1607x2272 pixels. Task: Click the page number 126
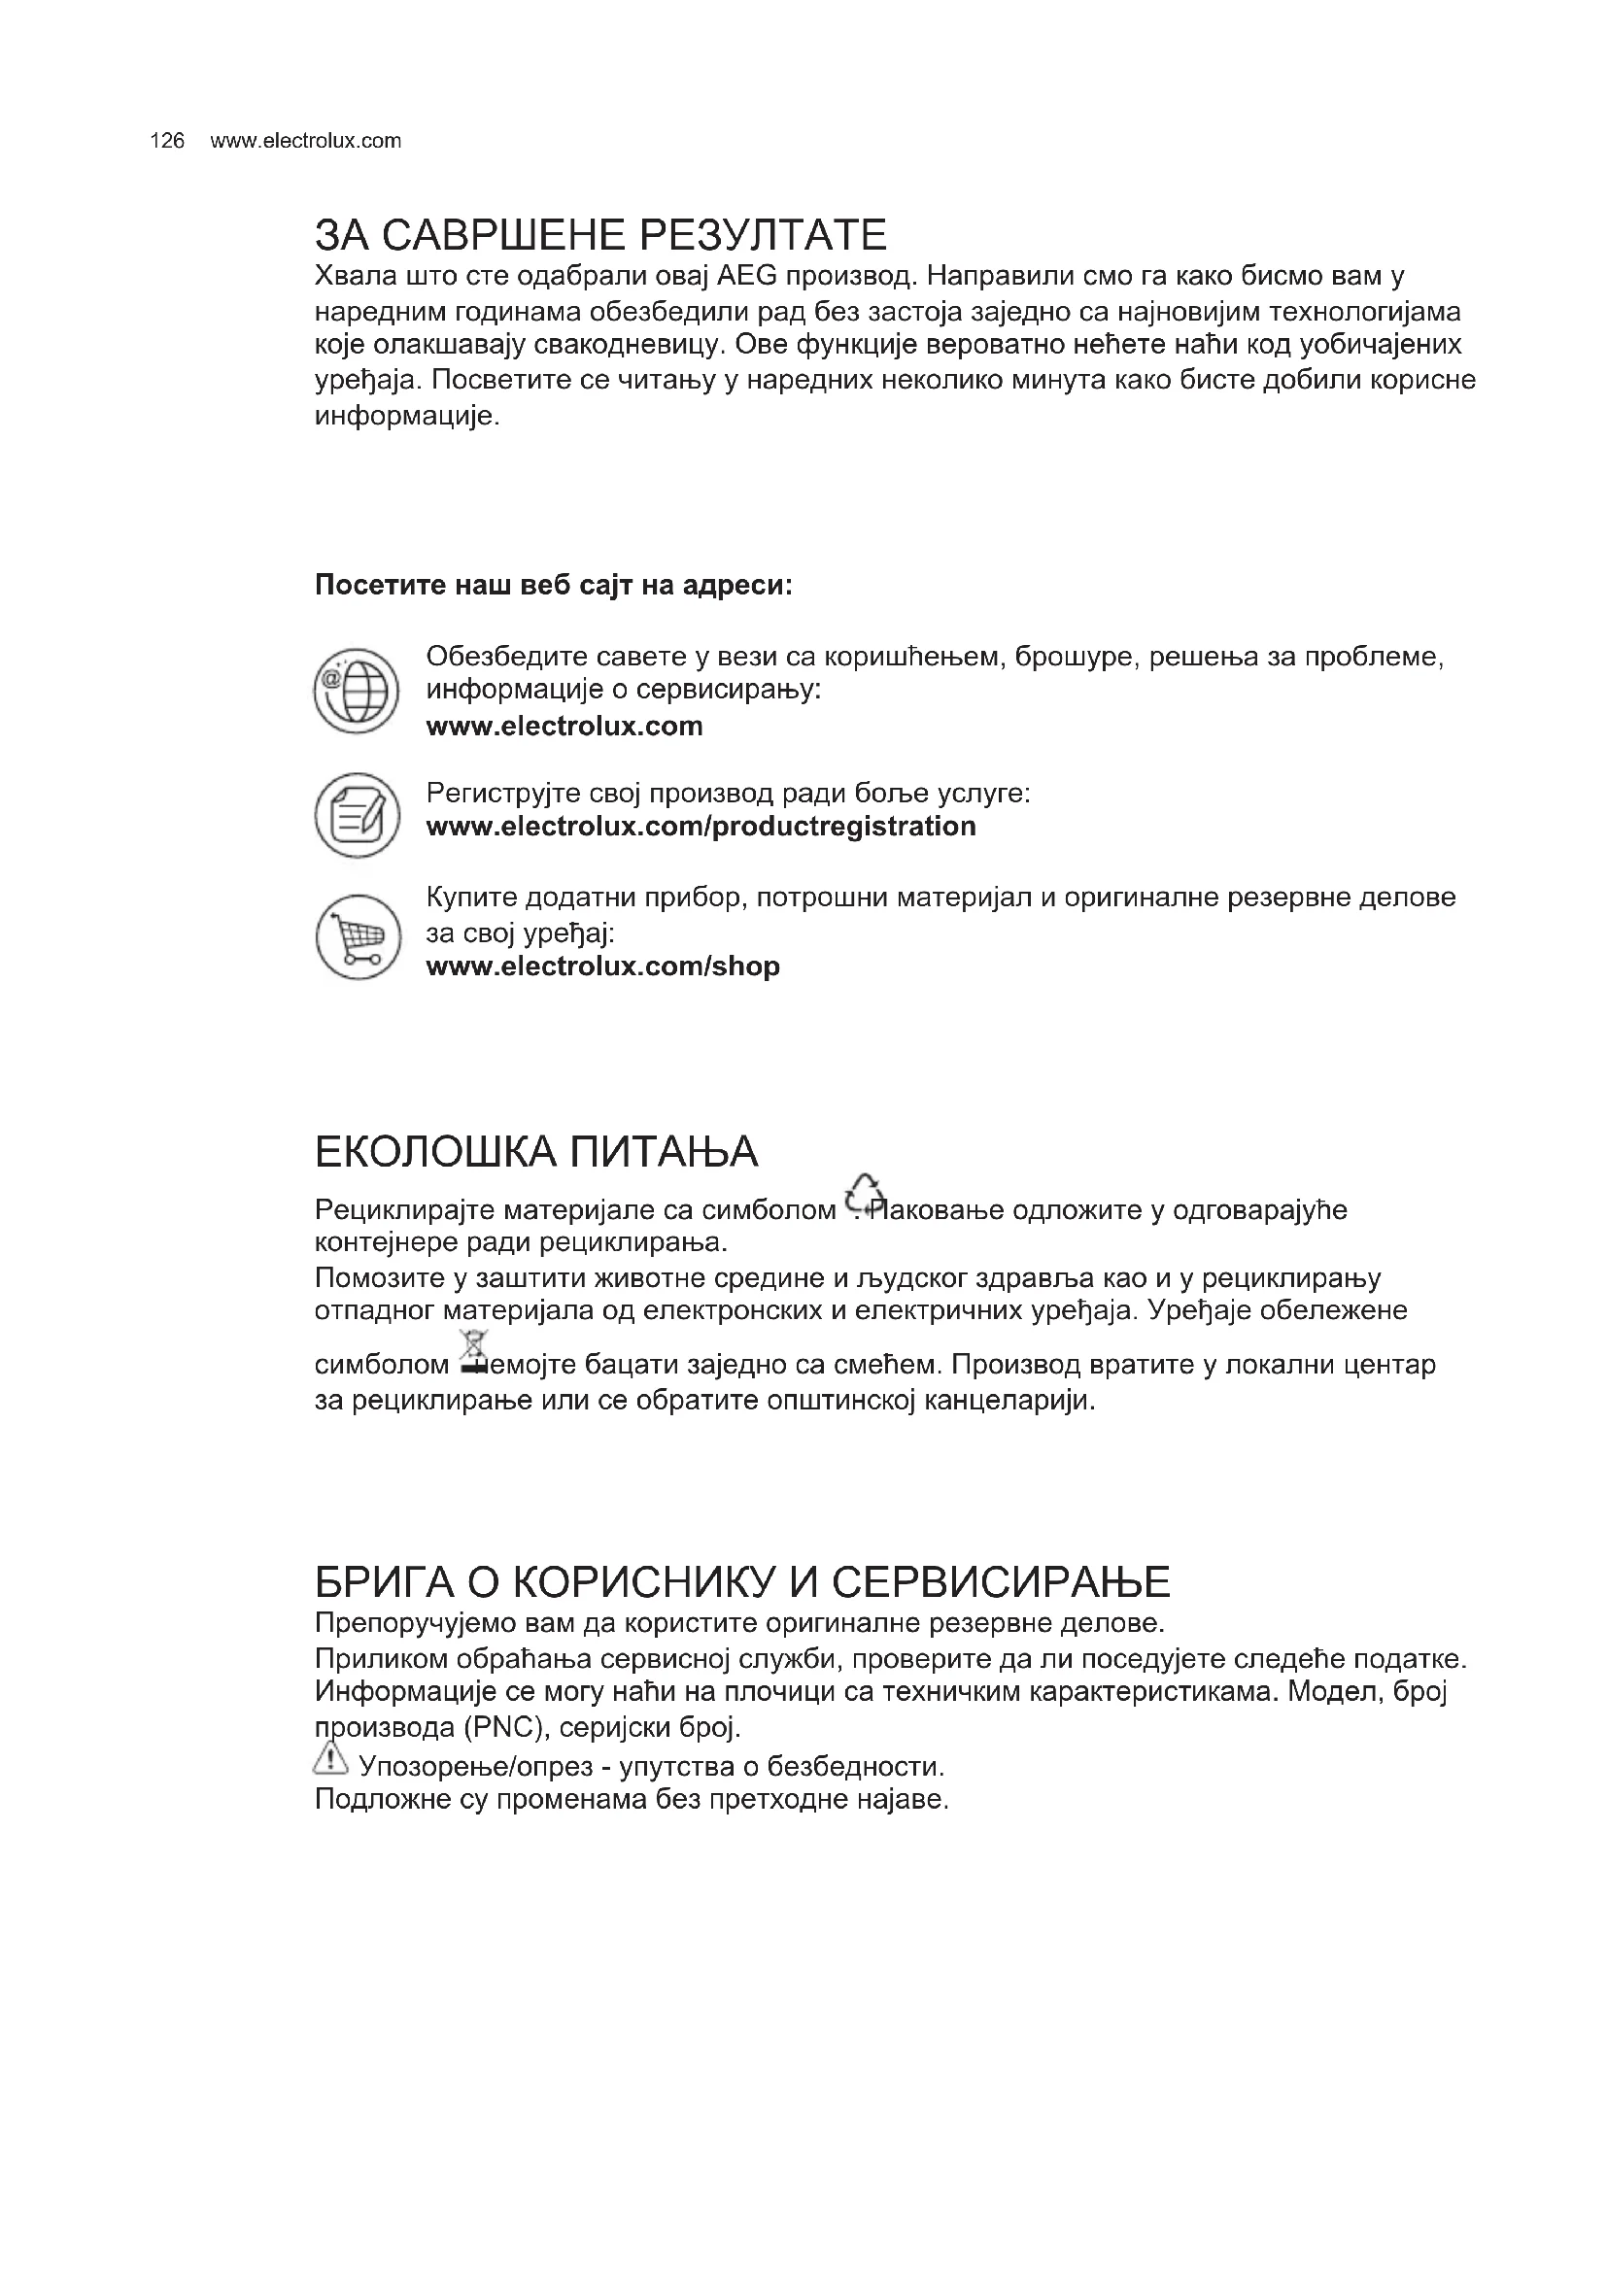coord(167,141)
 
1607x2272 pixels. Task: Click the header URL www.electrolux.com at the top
coord(306,141)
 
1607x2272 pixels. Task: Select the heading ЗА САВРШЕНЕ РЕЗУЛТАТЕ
coord(599,234)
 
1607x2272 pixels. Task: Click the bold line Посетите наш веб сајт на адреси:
coord(553,585)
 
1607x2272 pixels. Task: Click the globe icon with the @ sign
coord(357,689)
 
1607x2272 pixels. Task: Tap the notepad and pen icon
coord(357,815)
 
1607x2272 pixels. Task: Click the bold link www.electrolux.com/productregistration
coord(701,827)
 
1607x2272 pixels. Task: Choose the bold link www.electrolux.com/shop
coord(602,966)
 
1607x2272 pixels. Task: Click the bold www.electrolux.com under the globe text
coord(564,727)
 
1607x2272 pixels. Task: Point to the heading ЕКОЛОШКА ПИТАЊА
coord(536,1152)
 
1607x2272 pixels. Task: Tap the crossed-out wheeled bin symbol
coord(475,1352)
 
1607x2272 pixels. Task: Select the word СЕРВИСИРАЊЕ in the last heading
coord(1001,1582)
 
